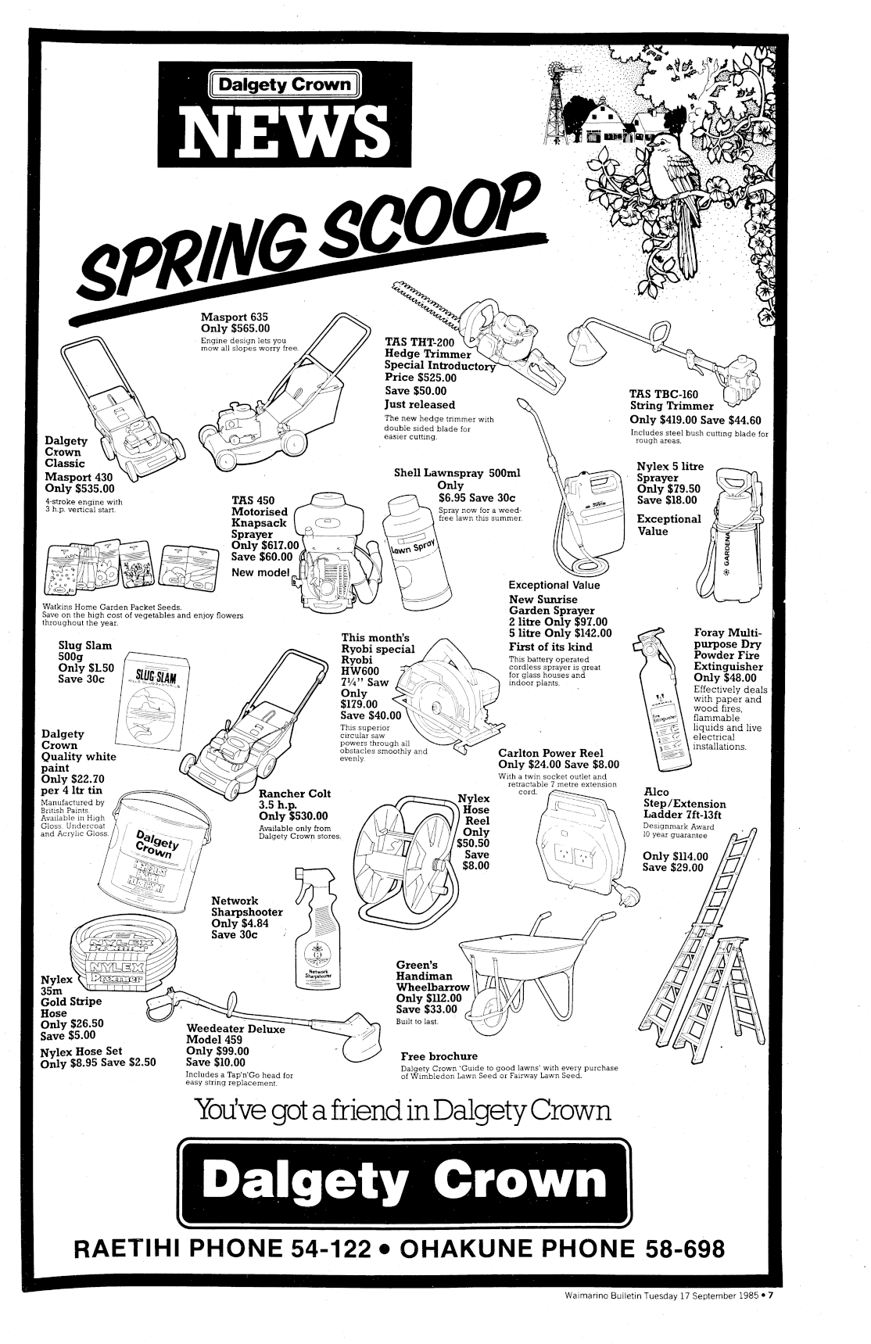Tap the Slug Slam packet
point(156,696)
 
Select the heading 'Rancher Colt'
point(295,794)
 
